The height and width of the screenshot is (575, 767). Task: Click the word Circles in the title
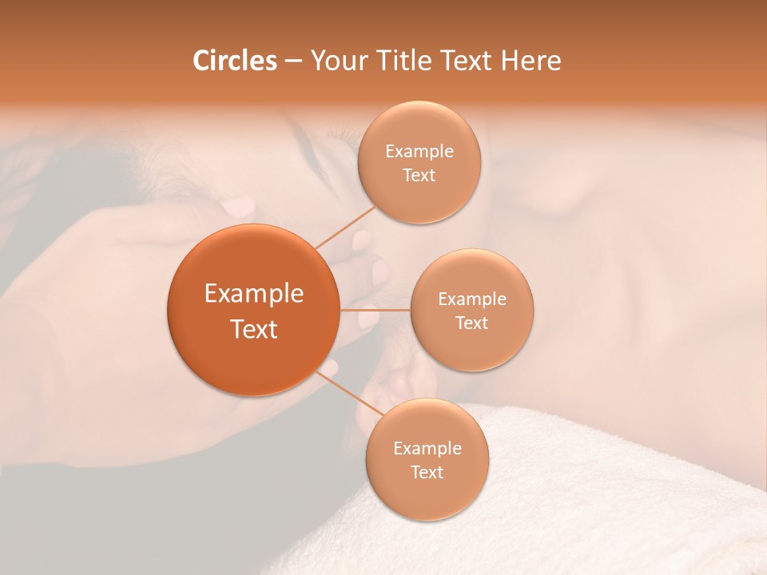235,61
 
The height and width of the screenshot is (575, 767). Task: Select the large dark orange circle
253,310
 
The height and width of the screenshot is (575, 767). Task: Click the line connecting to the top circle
345,227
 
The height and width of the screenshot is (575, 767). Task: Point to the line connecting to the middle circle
375,310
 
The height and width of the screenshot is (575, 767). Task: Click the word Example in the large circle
254,294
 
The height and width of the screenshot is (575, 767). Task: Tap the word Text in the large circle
254,329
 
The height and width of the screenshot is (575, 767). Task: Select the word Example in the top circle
419,152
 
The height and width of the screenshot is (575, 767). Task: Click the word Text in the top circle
419,176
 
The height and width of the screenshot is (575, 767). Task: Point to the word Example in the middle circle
472,299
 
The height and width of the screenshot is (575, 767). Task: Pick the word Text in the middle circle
472,323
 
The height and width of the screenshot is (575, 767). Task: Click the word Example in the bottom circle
427,449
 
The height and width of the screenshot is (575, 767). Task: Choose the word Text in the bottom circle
427,473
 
